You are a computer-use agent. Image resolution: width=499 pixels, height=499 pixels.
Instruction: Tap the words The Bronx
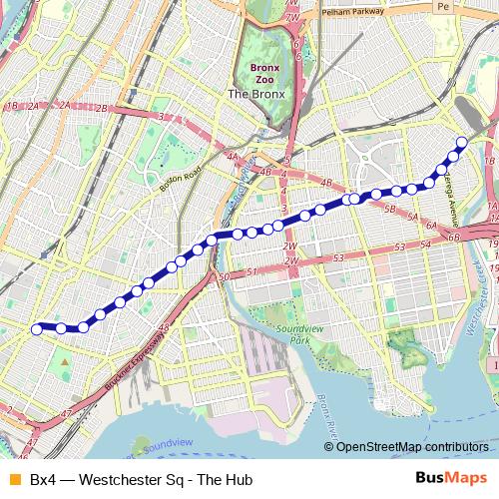pos(256,95)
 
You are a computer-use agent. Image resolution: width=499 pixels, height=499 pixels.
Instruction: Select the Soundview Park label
pos(285,334)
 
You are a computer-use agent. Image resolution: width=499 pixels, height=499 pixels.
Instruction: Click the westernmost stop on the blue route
pos(37,328)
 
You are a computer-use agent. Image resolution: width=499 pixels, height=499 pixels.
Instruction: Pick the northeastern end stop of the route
pos(461,142)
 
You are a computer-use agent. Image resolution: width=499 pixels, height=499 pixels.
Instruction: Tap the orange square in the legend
pos(13,480)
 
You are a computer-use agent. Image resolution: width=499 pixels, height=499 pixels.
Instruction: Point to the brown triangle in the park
pos(65,361)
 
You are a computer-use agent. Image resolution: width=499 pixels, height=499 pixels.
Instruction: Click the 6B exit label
pos(454,236)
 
